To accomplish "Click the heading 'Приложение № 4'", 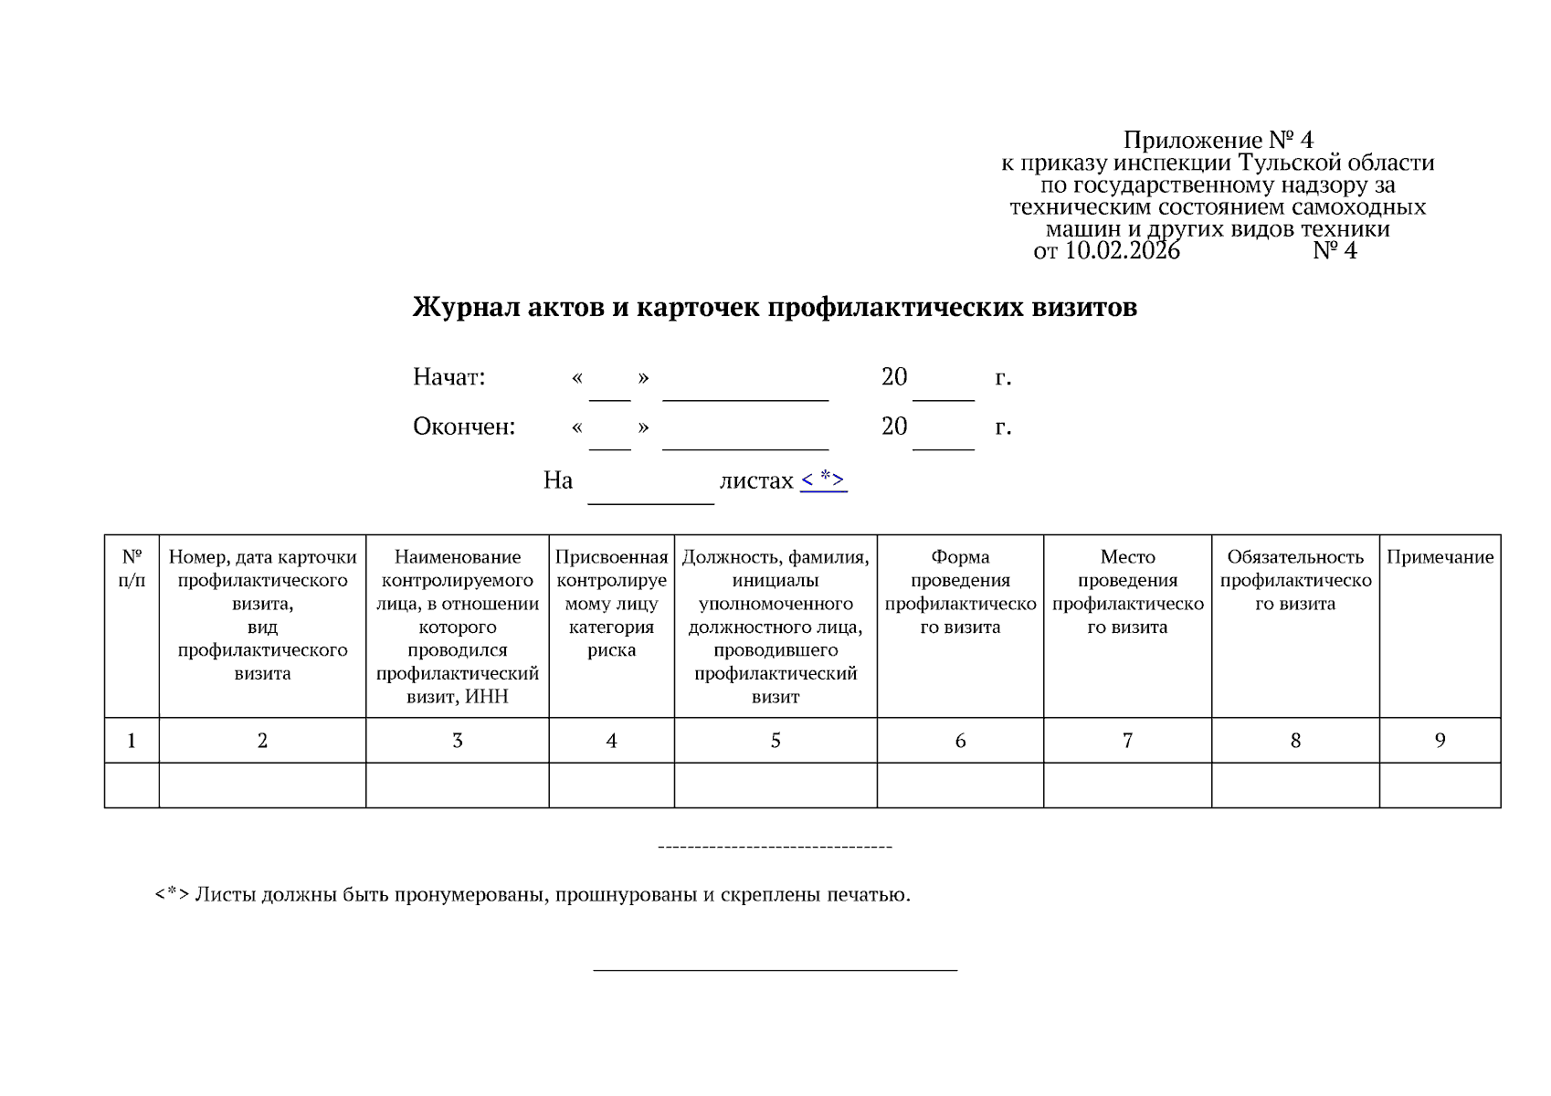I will (x=1218, y=140).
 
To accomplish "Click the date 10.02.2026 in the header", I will (x=1122, y=251).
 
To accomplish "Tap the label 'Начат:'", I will (x=448, y=377).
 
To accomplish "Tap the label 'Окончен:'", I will (x=463, y=427).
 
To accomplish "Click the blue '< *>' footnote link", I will (x=823, y=479).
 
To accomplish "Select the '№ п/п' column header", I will (x=132, y=568).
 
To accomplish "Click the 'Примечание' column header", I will (x=1440, y=557).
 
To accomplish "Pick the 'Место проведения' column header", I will (x=1127, y=568).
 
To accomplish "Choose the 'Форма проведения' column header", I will (x=960, y=568).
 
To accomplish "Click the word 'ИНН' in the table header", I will (x=487, y=697).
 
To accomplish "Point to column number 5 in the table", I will (x=775, y=741).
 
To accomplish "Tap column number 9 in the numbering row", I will (x=1440, y=741).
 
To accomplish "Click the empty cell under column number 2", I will (x=262, y=785).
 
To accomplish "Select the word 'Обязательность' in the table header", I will (x=1294, y=557).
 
